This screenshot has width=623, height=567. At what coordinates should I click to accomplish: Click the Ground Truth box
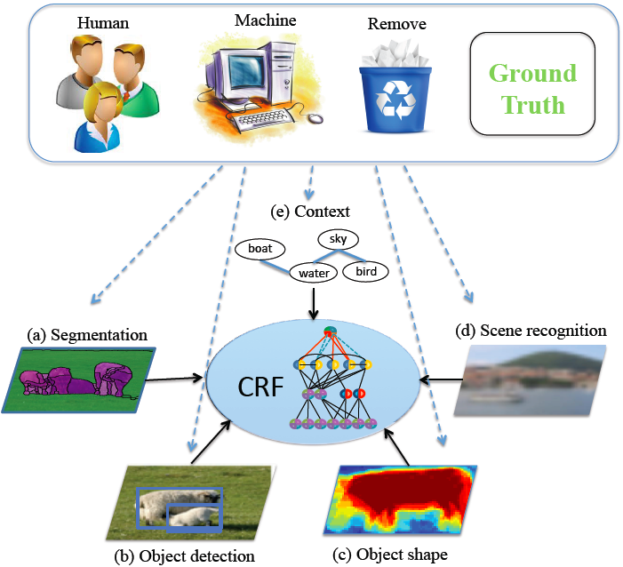pyautogui.click(x=533, y=89)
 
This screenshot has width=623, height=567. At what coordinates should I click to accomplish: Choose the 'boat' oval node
pyautogui.click(x=260, y=250)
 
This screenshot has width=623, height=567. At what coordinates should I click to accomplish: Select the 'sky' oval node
pyautogui.click(x=338, y=239)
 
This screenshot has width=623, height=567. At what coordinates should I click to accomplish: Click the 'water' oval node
pyautogui.click(x=315, y=273)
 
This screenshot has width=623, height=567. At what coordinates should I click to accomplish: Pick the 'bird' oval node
pyautogui.click(x=365, y=270)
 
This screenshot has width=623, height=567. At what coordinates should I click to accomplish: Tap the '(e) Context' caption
pyautogui.click(x=311, y=212)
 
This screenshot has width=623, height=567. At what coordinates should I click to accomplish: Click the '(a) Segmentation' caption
pyautogui.click(x=87, y=335)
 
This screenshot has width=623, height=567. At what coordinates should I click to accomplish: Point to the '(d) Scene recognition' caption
pyautogui.click(x=543, y=331)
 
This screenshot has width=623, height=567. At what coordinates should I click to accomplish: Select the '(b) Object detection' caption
pyautogui.click(x=185, y=556)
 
